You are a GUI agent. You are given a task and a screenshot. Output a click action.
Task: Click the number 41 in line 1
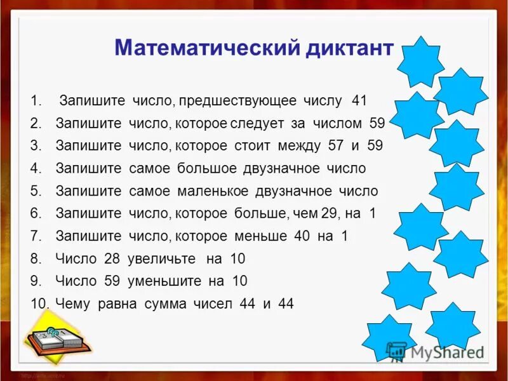[359, 101]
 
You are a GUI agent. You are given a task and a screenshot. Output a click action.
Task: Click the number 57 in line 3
[336, 145]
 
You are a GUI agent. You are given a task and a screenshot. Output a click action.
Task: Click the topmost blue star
[420, 62]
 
